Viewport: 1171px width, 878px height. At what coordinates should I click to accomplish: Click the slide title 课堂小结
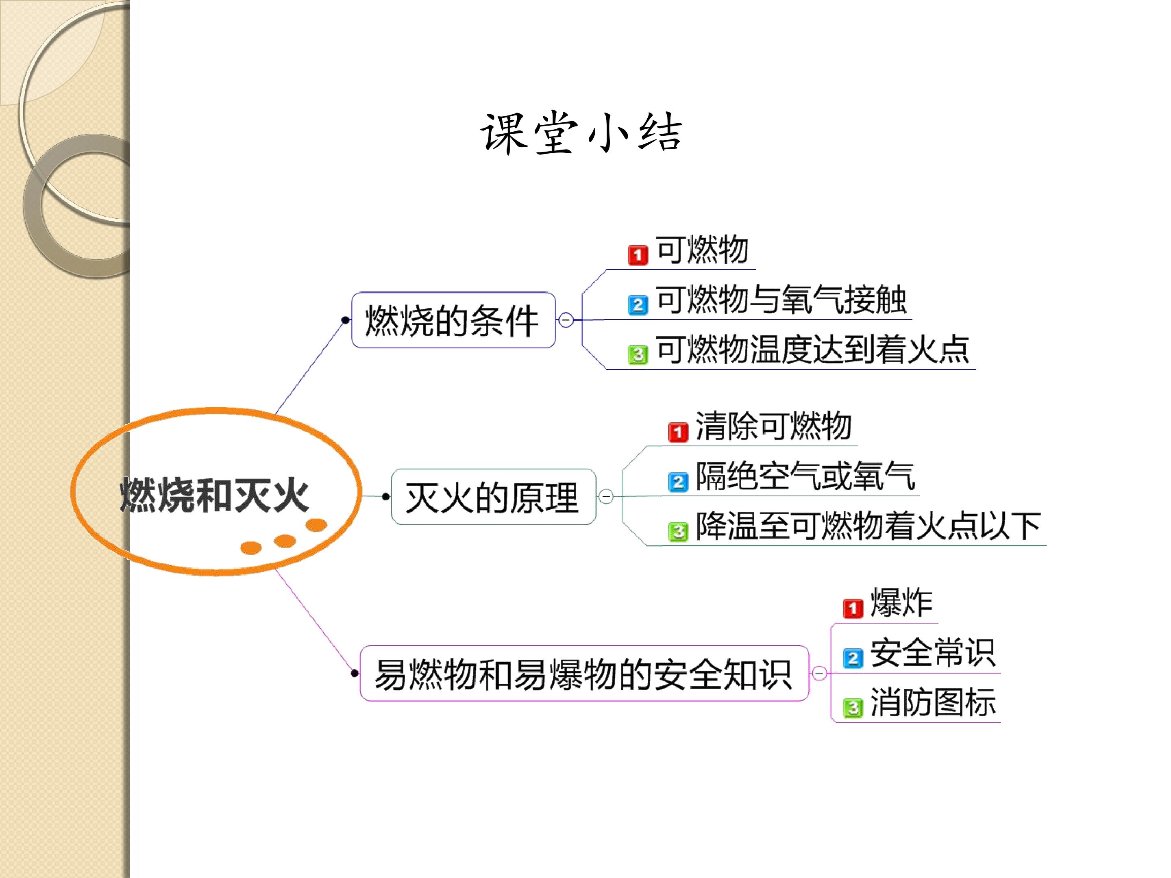click(x=581, y=133)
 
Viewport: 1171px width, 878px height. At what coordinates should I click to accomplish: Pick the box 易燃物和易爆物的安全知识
click(x=584, y=674)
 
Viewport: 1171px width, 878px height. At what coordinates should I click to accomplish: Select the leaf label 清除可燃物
click(x=773, y=426)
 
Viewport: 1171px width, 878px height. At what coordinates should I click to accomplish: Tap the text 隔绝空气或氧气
click(x=805, y=476)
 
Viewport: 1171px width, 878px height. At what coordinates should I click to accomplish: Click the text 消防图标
click(x=933, y=702)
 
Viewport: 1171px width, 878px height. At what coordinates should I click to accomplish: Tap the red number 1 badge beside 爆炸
click(x=853, y=609)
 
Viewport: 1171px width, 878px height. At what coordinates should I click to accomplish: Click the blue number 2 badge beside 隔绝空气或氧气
click(x=678, y=482)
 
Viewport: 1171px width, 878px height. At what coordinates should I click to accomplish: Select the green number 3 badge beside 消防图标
click(x=853, y=708)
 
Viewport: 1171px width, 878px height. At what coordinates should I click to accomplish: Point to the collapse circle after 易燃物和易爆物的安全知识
click(x=819, y=673)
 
